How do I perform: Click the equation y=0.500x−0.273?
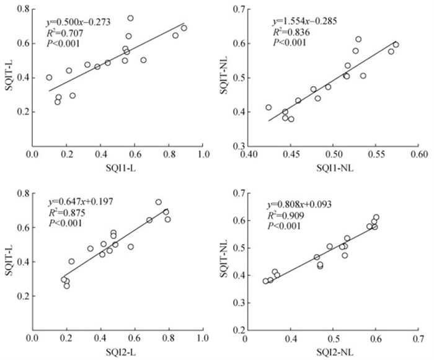pos(78,22)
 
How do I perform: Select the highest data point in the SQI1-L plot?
pos(130,19)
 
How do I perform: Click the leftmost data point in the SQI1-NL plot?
pos(268,107)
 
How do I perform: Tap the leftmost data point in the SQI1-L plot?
pos(49,77)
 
